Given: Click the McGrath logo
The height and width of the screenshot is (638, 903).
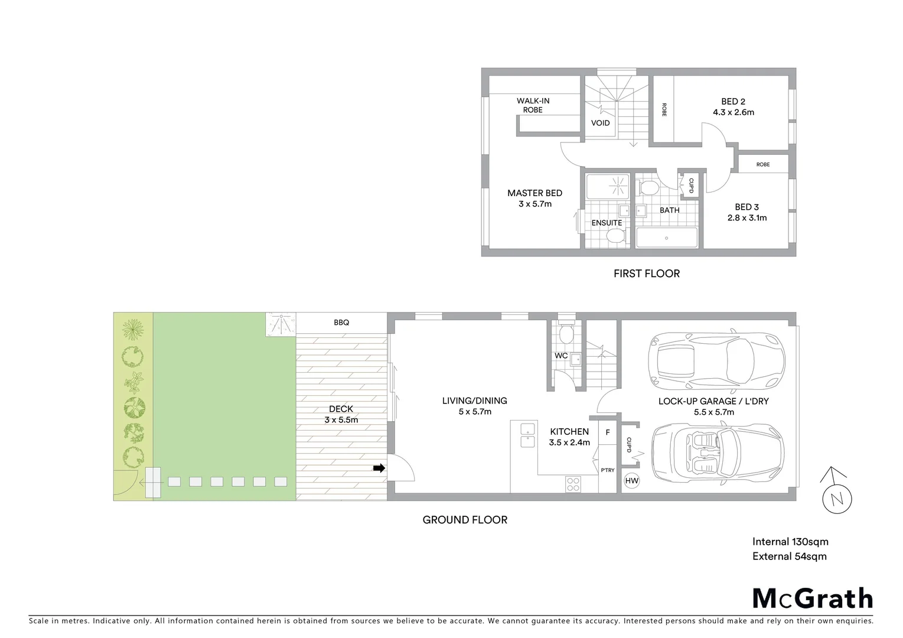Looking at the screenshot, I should [x=812, y=598].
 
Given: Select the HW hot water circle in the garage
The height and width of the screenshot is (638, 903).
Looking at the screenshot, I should [x=631, y=481].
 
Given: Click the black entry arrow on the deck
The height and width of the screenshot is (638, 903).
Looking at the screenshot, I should [x=379, y=468].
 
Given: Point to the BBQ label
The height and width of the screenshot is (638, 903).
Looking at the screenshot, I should [x=341, y=323].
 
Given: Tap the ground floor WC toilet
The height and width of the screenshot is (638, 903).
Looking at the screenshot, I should [x=566, y=334].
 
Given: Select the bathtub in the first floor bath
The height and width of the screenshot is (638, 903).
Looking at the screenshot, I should [x=666, y=237].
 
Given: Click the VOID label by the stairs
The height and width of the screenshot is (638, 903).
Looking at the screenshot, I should [x=601, y=123].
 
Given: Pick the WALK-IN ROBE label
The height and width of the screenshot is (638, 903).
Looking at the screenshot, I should [x=533, y=105].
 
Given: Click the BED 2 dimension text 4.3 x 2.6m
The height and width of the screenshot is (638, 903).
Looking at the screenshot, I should [x=733, y=112].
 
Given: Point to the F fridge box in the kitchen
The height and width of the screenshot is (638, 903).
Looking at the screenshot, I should [x=608, y=432].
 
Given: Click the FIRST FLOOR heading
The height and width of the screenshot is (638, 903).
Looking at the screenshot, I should [x=646, y=274].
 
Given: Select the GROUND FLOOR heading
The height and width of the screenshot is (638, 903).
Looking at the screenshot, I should [x=465, y=520].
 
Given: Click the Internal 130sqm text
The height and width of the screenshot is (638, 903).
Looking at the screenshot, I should [x=790, y=542].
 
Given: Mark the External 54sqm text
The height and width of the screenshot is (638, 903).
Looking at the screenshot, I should [x=789, y=556].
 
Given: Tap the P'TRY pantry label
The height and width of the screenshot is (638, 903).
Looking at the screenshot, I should [x=607, y=470].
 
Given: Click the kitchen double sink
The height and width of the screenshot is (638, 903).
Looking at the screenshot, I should [x=527, y=435].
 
